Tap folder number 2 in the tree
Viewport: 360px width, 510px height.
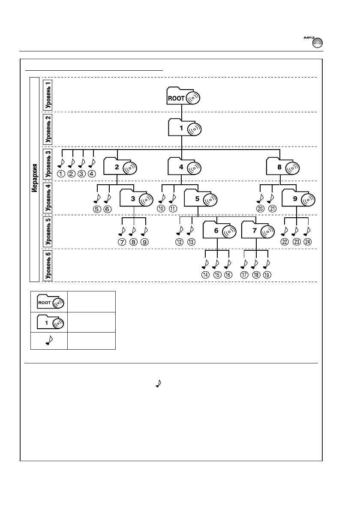click(120, 167)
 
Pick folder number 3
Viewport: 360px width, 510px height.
click(136, 199)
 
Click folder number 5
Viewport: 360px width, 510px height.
click(200, 199)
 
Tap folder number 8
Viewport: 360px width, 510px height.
click(282, 167)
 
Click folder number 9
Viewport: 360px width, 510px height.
click(298, 199)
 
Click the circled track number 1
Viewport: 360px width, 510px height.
click(61, 174)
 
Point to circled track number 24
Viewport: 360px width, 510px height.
click(308, 242)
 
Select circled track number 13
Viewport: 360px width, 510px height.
click(191, 242)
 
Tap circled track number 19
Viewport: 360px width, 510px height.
click(267, 275)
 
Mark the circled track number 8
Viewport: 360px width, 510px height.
click(134, 242)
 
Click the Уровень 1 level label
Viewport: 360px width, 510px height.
click(48, 94)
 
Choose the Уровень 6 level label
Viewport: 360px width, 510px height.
click(48, 265)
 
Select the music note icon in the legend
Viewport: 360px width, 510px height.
click(49, 341)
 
